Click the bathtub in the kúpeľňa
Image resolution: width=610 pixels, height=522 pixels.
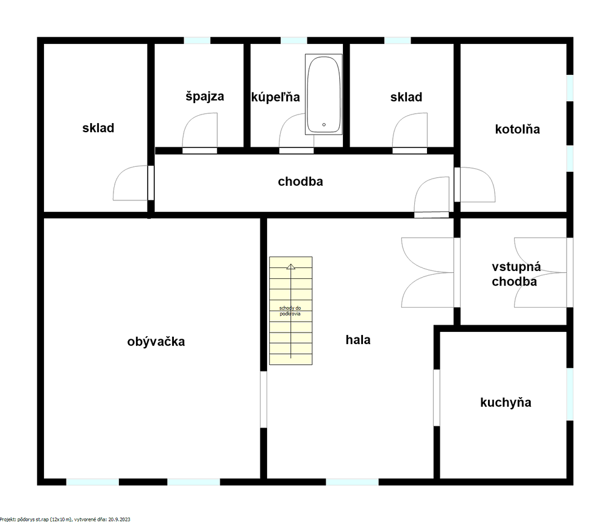pyautogui.click(x=324, y=94)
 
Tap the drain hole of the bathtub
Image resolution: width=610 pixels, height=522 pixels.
pyautogui.click(x=324, y=125)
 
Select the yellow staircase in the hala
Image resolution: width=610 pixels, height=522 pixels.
pyautogui.click(x=290, y=311)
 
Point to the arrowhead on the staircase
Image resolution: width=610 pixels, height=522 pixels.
pyautogui.click(x=290, y=266)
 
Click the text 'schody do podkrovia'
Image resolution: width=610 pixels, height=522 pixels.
pyautogui.click(x=290, y=311)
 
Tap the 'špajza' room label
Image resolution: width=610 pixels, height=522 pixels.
pyautogui.click(x=204, y=96)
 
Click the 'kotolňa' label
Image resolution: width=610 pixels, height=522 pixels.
pyautogui.click(x=517, y=129)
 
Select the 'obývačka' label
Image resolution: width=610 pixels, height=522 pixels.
pyautogui.click(x=156, y=341)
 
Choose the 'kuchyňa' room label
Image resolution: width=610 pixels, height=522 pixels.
pyautogui.click(x=506, y=403)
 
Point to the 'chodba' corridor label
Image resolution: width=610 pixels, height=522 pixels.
pyautogui.click(x=300, y=182)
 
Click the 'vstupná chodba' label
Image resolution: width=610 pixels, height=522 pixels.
pyautogui.click(x=515, y=274)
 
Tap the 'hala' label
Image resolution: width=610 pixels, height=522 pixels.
pyautogui.click(x=358, y=340)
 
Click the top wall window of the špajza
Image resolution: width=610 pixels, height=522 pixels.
pyautogui.click(x=197, y=40)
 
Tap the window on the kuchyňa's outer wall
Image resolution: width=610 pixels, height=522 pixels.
pyautogui.click(x=570, y=394)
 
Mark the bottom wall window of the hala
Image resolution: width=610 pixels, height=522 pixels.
pyautogui.click(x=352, y=482)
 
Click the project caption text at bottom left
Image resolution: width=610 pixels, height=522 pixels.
pyautogui.click(x=65, y=519)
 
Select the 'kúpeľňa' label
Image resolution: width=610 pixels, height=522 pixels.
pyautogui.click(x=276, y=97)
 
